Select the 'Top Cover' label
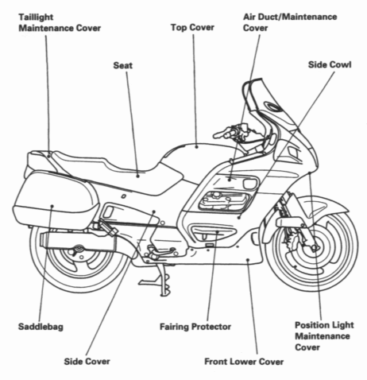[x=192, y=27]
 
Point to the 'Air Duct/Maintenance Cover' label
[x=277, y=21]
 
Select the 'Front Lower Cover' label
[x=245, y=362]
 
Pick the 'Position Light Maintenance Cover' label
[x=326, y=335]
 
